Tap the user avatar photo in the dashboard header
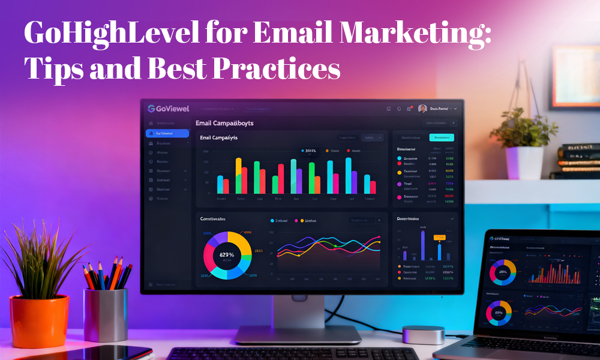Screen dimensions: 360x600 tap(422, 109)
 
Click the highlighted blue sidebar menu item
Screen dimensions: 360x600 tap(167, 133)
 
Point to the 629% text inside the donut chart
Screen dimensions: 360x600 tap(227, 255)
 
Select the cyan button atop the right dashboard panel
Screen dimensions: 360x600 tap(442, 137)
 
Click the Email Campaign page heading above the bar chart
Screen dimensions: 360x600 tap(224, 123)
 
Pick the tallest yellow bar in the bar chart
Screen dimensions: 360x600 tap(238, 175)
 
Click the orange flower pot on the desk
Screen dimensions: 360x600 tap(40, 321)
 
